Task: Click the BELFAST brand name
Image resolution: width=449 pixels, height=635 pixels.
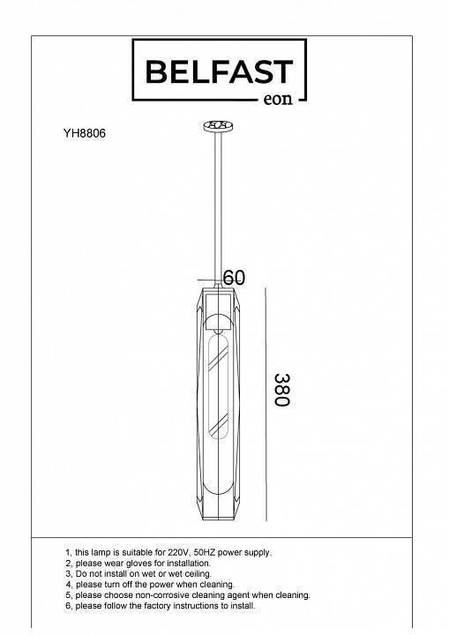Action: (x=219, y=71)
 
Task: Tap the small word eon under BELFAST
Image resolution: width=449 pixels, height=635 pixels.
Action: (x=278, y=99)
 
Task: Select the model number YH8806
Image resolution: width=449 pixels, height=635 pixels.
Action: (x=85, y=133)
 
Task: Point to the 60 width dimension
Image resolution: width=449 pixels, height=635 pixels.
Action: (x=235, y=278)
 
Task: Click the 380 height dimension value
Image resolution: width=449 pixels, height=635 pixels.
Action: (x=282, y=390)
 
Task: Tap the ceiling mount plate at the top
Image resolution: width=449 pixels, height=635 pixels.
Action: (x=218, y=125)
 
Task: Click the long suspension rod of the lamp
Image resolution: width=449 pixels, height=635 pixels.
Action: (x=218, y=206)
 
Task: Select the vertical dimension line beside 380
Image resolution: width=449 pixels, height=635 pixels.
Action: (x=266, y=404)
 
